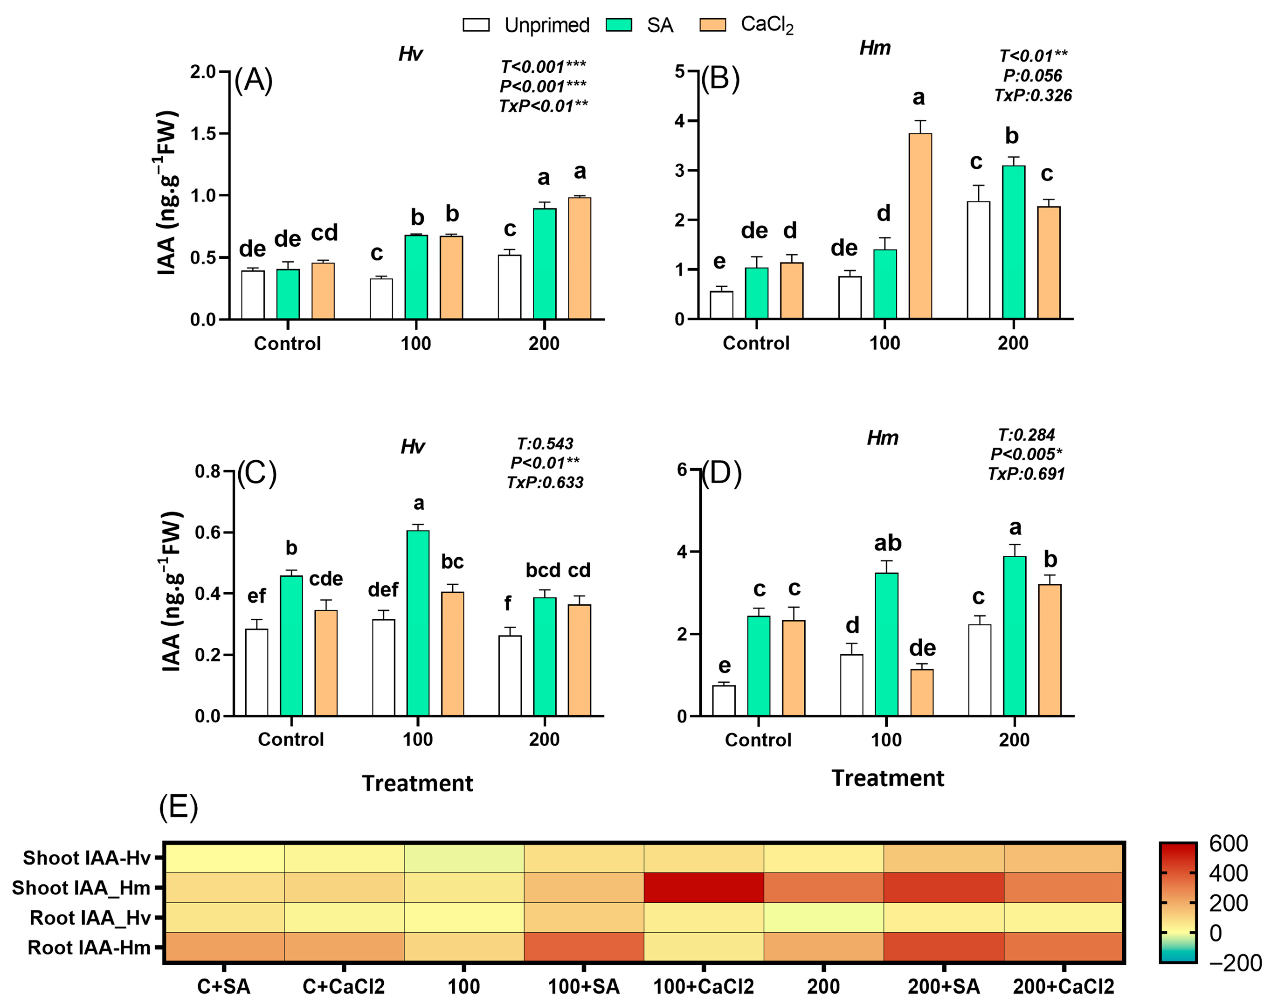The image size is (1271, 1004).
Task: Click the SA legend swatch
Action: (x=618, y=25)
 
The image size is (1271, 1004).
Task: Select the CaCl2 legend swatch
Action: (x=712, y=25)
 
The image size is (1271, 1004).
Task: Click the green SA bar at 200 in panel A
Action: (x=545, y=263)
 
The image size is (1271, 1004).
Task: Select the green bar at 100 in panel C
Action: (x=418, y=623)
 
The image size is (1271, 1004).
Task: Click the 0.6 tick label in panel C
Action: (x=207, y=533)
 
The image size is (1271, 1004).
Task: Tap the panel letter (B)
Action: (x=720, y=78)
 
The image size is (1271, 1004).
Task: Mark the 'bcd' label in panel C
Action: (x=542, y=570)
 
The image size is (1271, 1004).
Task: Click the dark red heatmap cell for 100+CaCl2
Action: (x=704, y=887)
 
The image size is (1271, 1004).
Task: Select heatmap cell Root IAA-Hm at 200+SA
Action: (x=943, y=947)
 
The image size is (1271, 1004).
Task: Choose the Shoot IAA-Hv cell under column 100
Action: (x=463, y=858)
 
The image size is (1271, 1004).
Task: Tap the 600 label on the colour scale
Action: (x=1228, y=844)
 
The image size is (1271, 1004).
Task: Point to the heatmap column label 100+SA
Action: (x=583, y=986)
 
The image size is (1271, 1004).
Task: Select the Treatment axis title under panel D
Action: (x=887, y=778)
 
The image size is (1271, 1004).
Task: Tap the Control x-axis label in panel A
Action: (x=287, y=343)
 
